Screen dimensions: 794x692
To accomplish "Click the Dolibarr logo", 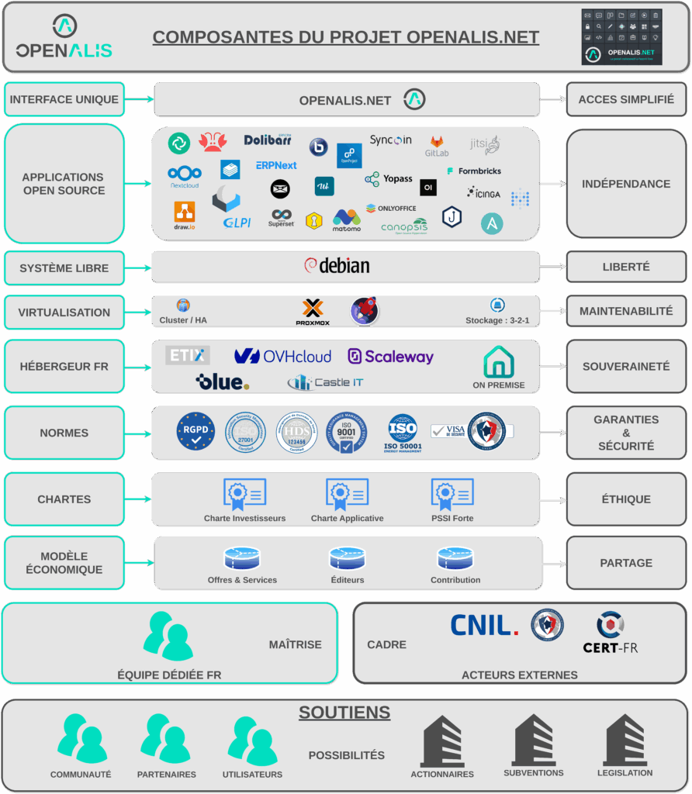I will point(268,140).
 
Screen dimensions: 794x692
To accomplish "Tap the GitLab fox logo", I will point(437,143).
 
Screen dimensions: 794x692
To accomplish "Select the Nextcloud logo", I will point(185,176).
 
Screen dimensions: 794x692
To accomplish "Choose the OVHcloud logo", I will point(282,356).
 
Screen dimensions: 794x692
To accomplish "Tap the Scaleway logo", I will point(390,357).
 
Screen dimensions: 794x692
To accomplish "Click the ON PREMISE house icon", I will point(499,362).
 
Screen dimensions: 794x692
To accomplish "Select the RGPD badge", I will point(195,431).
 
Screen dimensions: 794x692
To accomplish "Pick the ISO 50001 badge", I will point(403,432).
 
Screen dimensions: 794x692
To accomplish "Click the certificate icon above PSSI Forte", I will point(452,493).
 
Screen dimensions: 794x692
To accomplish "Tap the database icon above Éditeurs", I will point(347,558).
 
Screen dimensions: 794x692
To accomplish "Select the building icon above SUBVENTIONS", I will point(533,740).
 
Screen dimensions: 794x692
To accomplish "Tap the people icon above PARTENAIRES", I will point(165,739).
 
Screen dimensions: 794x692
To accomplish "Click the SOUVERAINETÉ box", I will point(626,366).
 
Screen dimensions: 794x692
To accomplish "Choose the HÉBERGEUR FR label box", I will point(64,366).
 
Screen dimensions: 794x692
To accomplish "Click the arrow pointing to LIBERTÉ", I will point(552,267).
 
